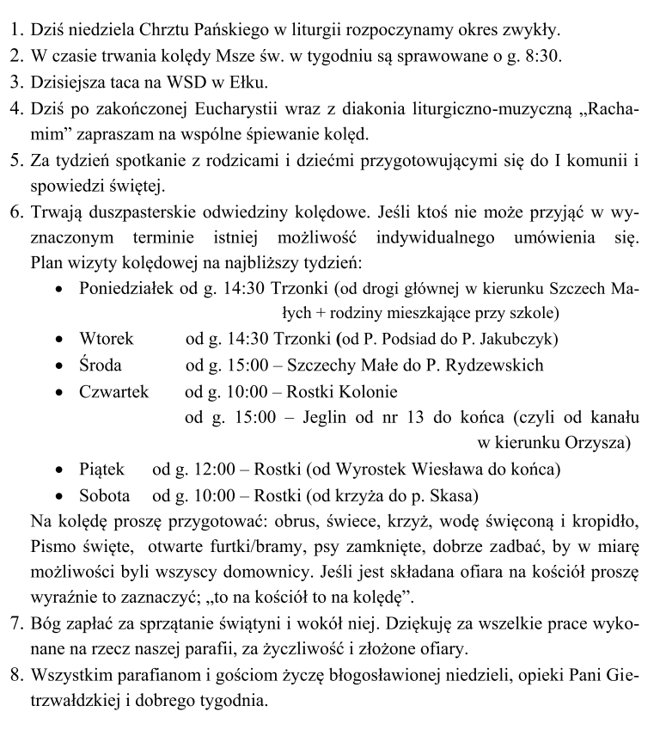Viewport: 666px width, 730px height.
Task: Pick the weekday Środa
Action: (101, 365)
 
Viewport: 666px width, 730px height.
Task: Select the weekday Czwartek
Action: (113, 392)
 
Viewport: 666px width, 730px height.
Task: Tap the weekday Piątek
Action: (101, 469)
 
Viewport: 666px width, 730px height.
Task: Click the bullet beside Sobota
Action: (58, 496)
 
